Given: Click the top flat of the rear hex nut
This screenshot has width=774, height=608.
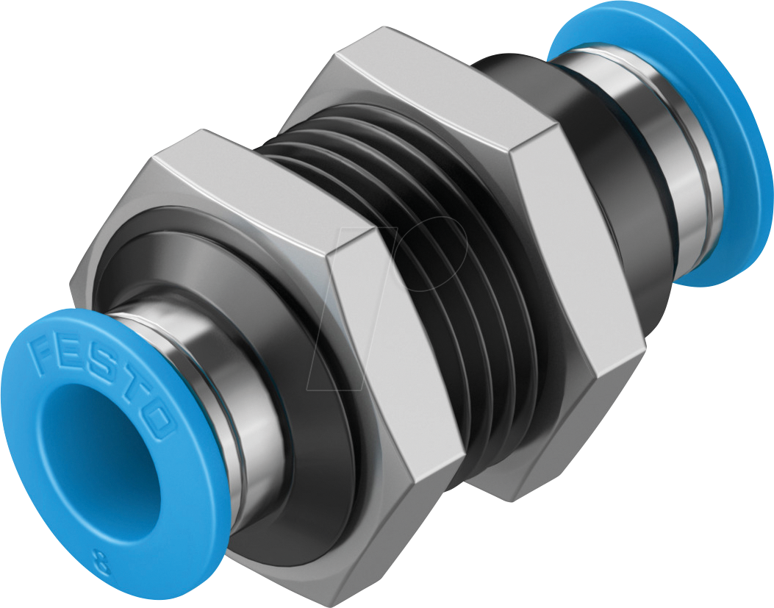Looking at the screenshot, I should click(434, 81).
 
